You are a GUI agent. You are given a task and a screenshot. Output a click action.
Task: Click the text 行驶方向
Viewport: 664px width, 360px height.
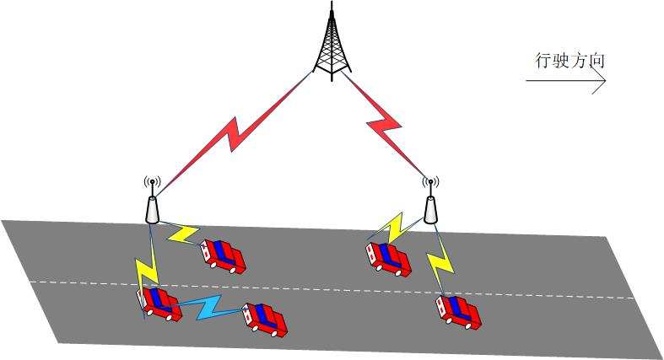(x=570, y=61)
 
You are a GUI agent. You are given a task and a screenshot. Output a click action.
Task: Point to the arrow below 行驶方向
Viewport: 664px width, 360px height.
(x=566, y=81)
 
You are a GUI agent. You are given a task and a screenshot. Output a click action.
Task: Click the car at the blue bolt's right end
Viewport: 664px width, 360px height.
(x=263, y=320)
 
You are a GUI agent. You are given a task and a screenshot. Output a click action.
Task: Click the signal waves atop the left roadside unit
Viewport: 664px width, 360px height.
(x=153, y=181)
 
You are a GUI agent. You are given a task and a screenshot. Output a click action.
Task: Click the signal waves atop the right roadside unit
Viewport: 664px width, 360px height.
(x=430, y=181)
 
